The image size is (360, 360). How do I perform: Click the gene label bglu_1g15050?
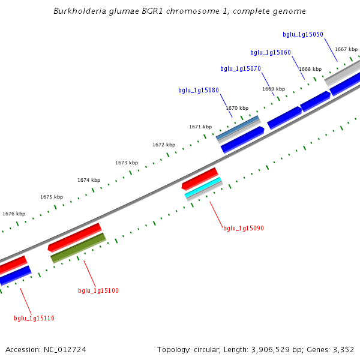pyautogui.click(x=302, y=35)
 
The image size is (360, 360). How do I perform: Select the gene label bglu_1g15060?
pyautogui.click(x=270, y=53)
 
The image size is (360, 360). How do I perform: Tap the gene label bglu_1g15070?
pyautogui.click(x=240, y=69)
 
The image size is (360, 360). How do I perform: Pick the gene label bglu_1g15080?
pyautogui.click(x=198, y=91)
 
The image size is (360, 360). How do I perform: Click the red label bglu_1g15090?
pyautogui.click(x=243, y=229)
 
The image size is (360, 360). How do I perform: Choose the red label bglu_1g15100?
pyautogui.click(x=98, y=291)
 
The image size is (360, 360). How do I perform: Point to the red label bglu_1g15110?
pyautogui.click(x=34, y=319)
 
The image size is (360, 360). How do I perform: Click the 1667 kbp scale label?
pyautogui.click(x=346, y=49)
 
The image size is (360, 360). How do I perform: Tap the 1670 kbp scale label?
pyautogui.click(x=237, y=108)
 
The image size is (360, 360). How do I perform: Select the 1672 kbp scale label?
pyautogui.click(x=164, y=145)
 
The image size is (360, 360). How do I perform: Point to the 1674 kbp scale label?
pyautogui.click(x=89, y=180)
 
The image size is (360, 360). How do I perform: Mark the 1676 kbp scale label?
pyautogui.click(x=14, y=214)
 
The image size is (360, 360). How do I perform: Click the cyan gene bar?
pyautogui.click(x=203, y=187)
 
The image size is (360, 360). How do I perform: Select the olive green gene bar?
pyautogui.click(x=78, y=248)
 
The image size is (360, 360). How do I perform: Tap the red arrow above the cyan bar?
pyautogui.click(x=200, y=178)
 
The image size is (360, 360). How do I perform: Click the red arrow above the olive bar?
pyautogui.click(x=75, y=237)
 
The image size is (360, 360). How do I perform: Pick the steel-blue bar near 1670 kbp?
pyautogui.click(x=238, y=128)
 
